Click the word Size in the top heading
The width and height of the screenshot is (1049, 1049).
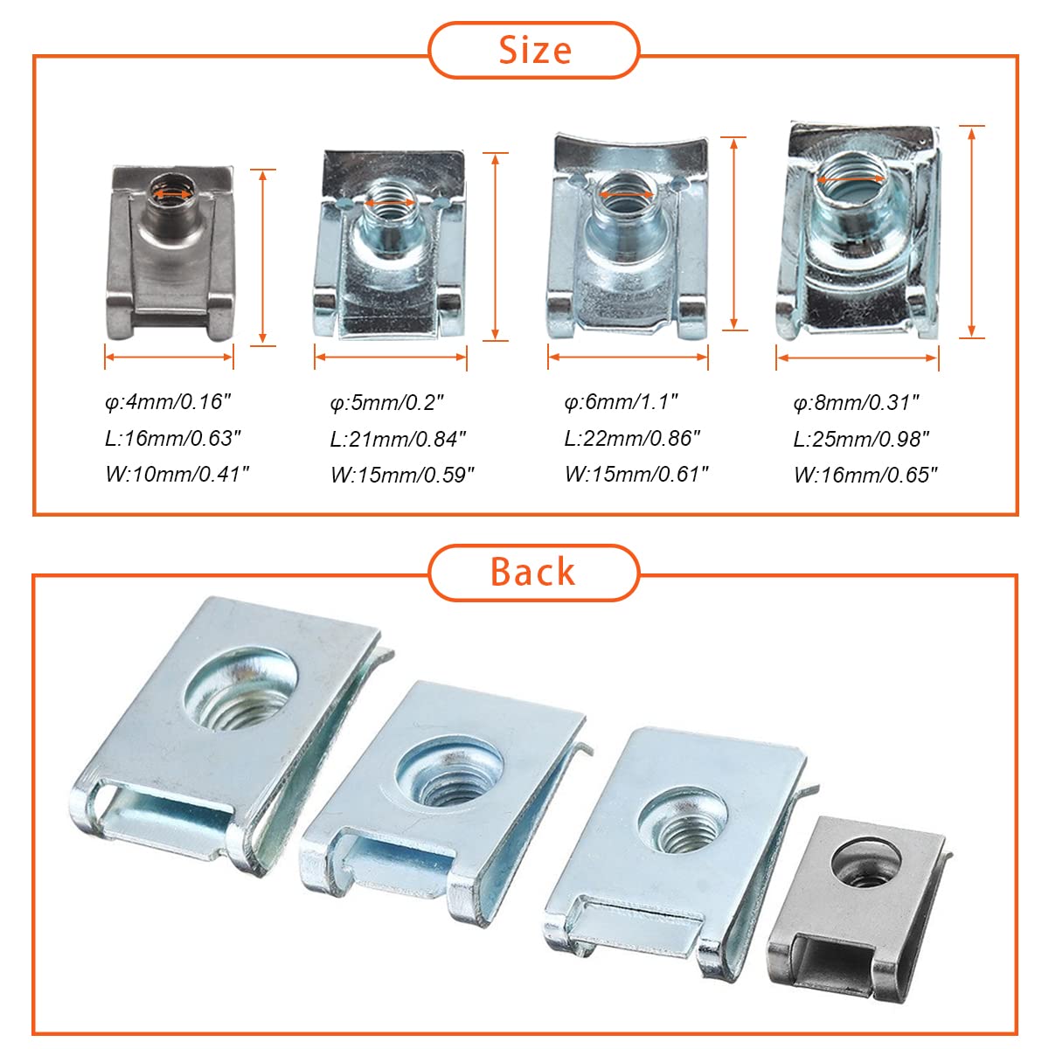(x=535, y=51)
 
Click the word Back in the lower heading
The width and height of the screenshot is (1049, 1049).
(x=532, y=572)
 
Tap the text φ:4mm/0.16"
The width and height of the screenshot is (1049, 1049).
(x=168, y=402)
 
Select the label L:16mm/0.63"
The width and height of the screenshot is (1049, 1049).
(x=172, y=438)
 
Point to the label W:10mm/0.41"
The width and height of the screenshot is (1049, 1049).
(x=177, y=474)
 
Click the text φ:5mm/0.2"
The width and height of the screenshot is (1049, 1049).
(x=387, y=403)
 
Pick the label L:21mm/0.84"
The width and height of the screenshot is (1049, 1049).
(x=398, y=440)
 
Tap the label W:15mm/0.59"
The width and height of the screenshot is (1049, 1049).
(x=402, y=476)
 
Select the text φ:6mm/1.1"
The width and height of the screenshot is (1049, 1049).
(x=622, y=402)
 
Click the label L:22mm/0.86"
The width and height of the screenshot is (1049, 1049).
(x=632, y=438)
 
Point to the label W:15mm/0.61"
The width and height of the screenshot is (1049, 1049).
(x=636, y=474)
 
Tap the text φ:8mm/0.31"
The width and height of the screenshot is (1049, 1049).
(x=856, y=403)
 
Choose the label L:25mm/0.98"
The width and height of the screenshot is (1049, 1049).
(x=861, y=440)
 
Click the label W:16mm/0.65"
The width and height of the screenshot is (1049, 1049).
(x=865, y=476)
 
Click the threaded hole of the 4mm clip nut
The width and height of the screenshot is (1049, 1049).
(x=171, y=193)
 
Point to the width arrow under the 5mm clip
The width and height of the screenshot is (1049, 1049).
(x=390, y=358)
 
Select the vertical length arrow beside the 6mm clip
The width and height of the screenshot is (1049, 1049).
(x=733, y=233)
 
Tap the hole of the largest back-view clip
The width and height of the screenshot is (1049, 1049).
(x=241, y=689)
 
